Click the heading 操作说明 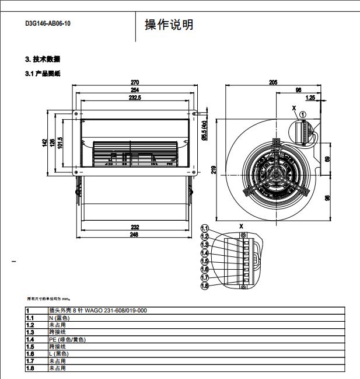pos(169,25)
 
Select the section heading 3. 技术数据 pos(43,60)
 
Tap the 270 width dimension pos(135,82)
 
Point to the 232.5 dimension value pos(135,98)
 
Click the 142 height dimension pos(44,144)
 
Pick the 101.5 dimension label pos(60,142)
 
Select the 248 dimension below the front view pos(135,235)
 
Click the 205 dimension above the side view pos(273,82)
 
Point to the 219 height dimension pos(214,169)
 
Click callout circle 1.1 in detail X pos(205,228)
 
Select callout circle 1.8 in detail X pos(205,286)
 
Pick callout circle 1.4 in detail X pos(205,253)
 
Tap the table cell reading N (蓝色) pos(59,318)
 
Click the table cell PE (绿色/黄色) pos(67,339)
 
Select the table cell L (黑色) pos(58,354)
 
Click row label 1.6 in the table pos(30,354)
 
